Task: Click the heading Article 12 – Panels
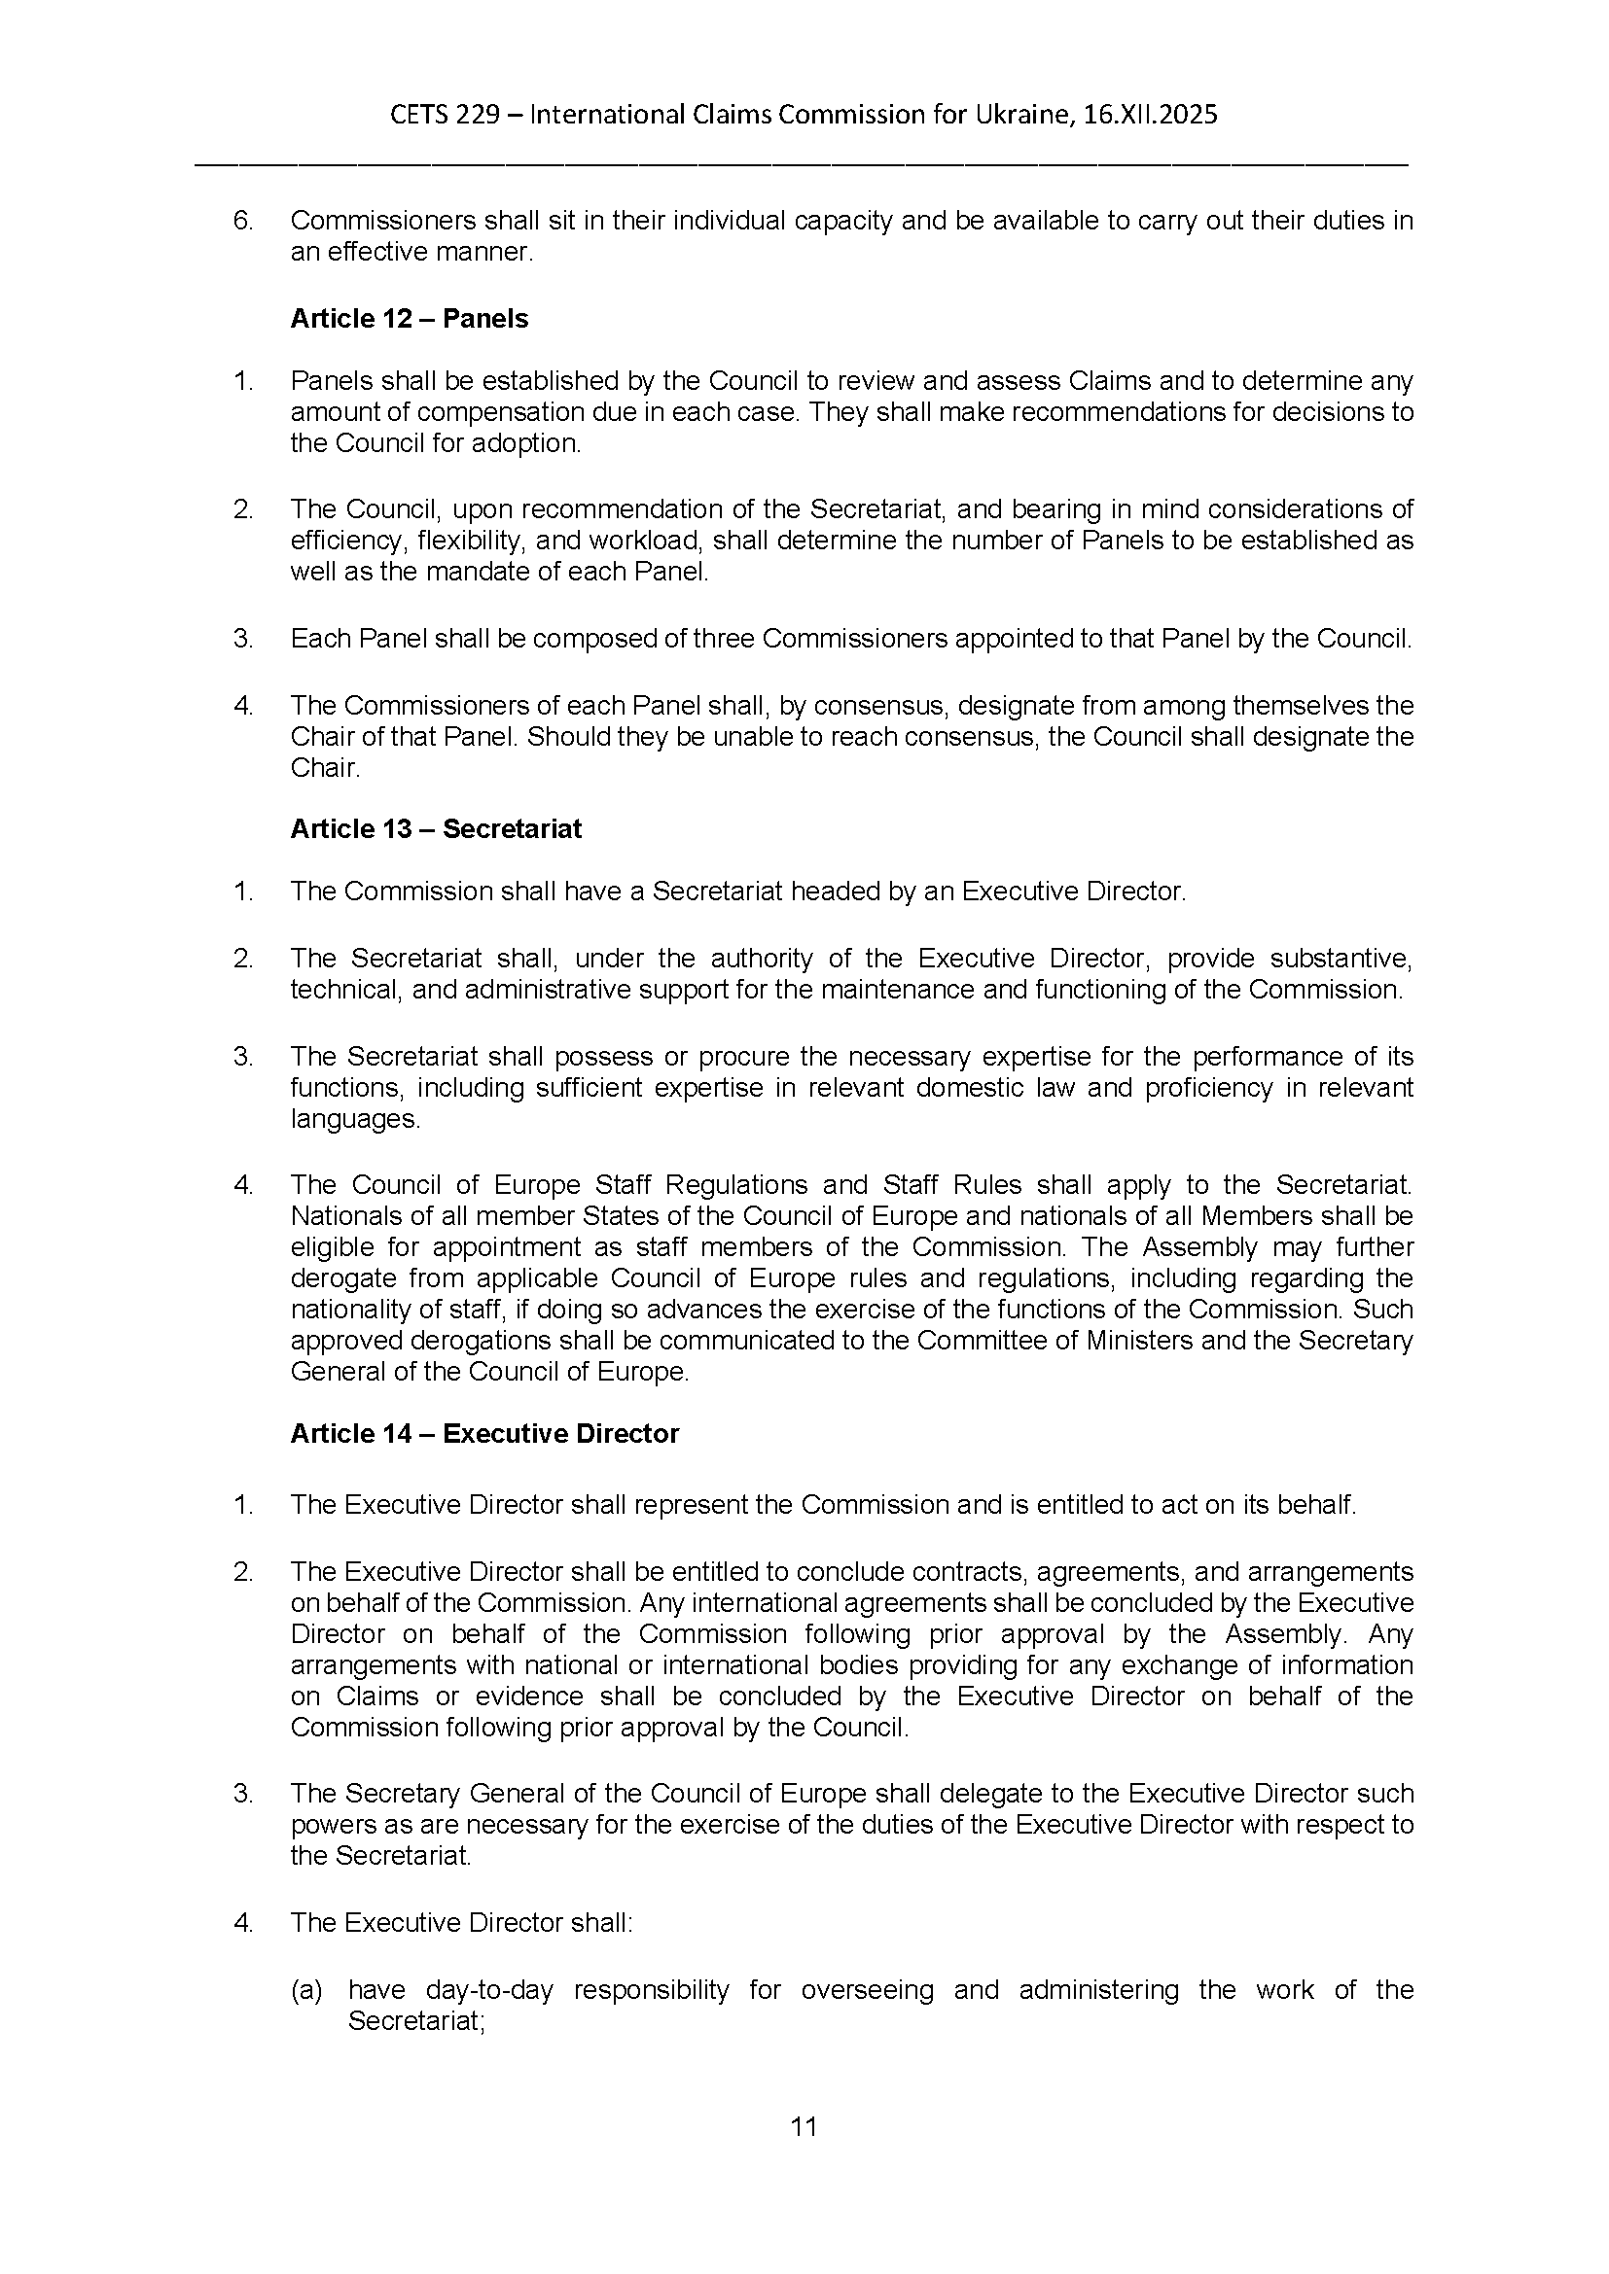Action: [409, 319]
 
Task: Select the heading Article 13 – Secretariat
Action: [435, 829]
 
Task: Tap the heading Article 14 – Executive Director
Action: [483, 1434]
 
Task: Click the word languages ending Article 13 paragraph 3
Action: [354, 1120]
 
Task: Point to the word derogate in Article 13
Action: [340, 1278]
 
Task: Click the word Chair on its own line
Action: [323, 769]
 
